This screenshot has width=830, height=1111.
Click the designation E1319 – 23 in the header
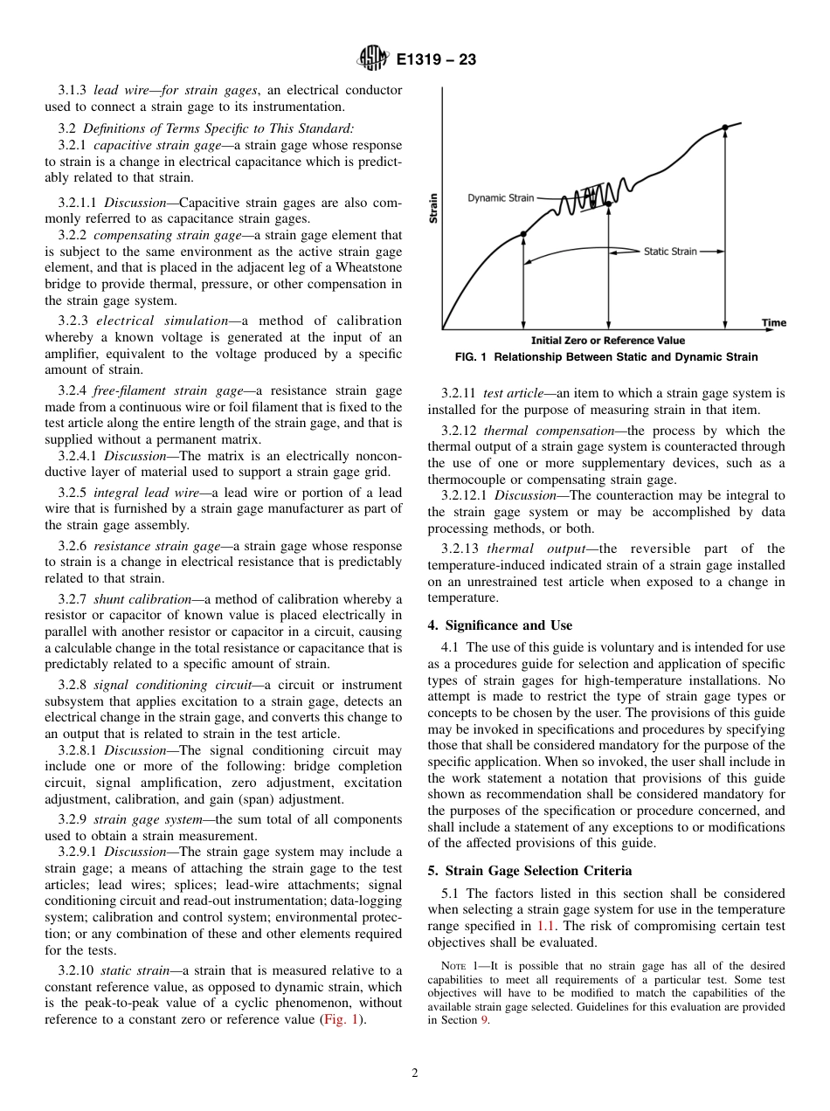point(436,60)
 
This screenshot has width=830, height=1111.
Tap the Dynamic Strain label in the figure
point(500,197)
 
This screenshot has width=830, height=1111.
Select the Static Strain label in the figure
point(670,252)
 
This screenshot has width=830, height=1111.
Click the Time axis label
point(773,322)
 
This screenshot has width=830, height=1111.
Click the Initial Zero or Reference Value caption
point(607,341)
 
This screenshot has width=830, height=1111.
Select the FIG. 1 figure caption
point(606,357)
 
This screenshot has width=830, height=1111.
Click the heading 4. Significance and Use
point(500,625)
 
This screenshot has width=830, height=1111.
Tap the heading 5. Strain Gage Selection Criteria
point(538,871)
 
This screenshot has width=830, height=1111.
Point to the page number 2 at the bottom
point(415,1073)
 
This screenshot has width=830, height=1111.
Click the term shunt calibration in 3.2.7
point(142,599)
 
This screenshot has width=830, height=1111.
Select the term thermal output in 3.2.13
point(528,549)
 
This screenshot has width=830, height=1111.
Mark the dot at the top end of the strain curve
point(725,128)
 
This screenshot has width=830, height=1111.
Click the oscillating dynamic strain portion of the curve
point(594,198)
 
